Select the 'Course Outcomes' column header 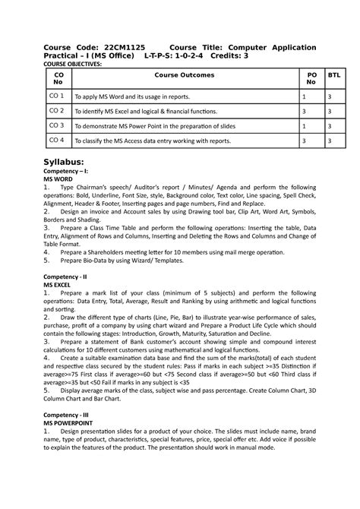click(x=184, y=75)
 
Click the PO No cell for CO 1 click(x=304, y=97)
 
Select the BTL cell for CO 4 click(x=329, y=141)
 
